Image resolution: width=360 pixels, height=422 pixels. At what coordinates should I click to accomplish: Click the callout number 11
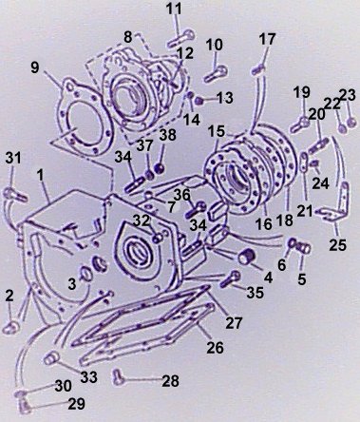[x=175, y=9]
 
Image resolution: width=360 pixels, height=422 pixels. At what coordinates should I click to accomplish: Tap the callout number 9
[x=35, y=67]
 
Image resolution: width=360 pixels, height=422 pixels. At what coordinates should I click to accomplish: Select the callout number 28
[x=170, y=381]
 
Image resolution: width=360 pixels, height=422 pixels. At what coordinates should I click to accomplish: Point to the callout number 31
[x=13, y=158]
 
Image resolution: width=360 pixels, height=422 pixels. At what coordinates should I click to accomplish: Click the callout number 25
[x=338, y=245]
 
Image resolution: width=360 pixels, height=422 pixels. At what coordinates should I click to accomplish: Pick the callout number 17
[x=267, y=39]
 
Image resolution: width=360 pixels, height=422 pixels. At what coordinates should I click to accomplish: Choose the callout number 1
[x=40, y=175]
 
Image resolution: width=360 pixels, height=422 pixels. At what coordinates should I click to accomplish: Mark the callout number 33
[x=88, y=377]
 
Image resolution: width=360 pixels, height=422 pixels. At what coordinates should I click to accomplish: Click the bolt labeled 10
[x=216, y=74]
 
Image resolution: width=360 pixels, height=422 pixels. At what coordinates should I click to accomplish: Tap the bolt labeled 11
[x=181, y=38]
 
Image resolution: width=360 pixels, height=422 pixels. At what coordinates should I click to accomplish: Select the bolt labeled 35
[x=231, y=278]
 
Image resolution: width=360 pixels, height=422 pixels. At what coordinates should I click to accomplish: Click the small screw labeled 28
[x=118, y=376]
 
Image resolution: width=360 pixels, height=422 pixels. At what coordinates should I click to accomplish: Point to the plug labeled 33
[x=50, y=357]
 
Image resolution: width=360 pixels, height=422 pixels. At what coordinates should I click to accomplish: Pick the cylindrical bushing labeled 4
[x=246, y=256]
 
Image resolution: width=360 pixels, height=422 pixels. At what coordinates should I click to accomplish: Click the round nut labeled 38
[x=161, y=167]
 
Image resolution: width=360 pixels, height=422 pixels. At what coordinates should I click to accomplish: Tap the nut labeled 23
[x=351, y=122]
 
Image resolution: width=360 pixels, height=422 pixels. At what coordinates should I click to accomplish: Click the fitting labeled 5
[x=304, y=247]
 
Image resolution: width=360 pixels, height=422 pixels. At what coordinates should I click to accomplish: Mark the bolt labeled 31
[x=14, y=195]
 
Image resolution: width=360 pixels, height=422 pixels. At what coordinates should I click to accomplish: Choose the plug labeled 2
[x=11, y=327]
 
